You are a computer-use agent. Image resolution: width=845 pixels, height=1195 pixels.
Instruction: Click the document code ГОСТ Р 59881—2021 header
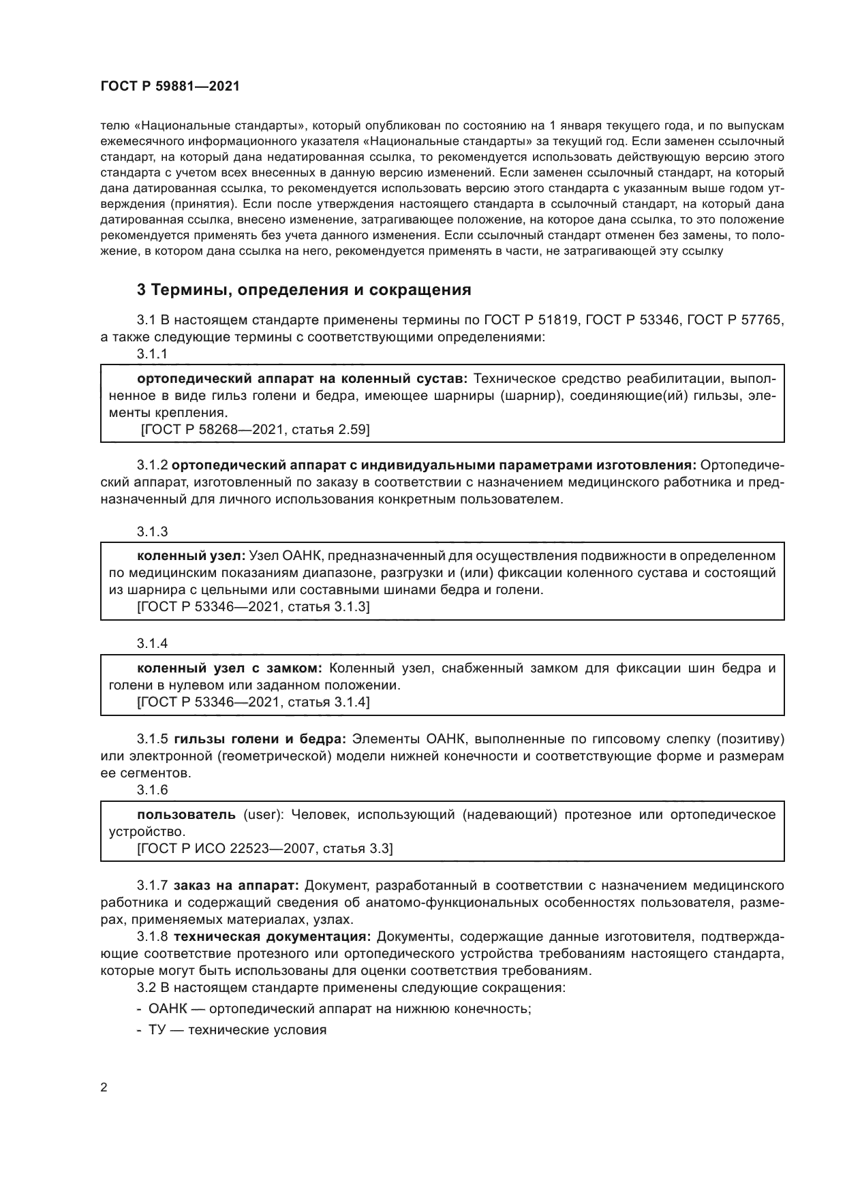pyautogui.click(x=170, y=87)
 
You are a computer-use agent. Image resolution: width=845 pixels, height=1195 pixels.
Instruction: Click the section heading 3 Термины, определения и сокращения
pyautogui.click(x=304, y=290)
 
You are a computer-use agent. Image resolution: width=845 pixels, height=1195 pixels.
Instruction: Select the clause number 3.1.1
pyautogui.click(x=152, y=354)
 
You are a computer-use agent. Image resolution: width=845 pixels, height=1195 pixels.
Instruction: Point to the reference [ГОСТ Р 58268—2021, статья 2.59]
pyautogui.click(x=255, y=429)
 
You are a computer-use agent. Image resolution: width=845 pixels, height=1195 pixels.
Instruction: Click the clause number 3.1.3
pyautogui.click(x=152, y=531)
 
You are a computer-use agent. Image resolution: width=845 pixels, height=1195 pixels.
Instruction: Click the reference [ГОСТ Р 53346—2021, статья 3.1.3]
pyautogui.click(x=253, y=607)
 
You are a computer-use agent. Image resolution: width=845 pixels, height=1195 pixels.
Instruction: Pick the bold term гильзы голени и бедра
pyautogui.click(x=261, y=739)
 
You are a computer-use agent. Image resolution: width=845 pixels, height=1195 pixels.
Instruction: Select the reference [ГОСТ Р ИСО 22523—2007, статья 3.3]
pyautogui.click(x=265, y=849)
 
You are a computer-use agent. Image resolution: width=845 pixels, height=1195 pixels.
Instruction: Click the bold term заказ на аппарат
pyautogui.click(x=236, y=886)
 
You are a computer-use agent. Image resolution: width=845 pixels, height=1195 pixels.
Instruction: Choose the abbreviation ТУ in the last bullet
pyautogui.click(x=157, y=1030)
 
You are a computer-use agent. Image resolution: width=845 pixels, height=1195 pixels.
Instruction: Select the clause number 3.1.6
pyautogui.click(x=152, y=790)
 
